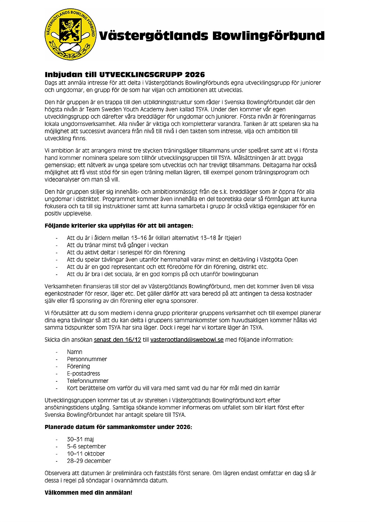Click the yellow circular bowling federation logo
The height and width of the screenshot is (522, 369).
tap(70, 35)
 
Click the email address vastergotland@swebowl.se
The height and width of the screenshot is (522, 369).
tap(187, 340)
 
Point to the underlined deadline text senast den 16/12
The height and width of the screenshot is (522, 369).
tap(117, 340)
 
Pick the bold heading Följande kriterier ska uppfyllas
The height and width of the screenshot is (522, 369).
tap(119, 226)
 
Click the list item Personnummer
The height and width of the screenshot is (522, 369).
tap(87, 359)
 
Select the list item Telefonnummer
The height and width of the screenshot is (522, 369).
tap(87, 381)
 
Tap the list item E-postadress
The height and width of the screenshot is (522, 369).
tap(83, 374)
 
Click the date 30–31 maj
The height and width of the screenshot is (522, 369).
tap(80, 439)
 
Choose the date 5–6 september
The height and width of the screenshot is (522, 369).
tap(86, 446)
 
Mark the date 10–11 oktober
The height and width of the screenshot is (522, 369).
tap(86, 454)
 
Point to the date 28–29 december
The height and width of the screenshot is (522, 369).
tap(89, 461)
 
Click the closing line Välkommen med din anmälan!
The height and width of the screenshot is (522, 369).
tap(88, 492)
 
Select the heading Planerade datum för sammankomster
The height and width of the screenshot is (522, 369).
tap(118, 427)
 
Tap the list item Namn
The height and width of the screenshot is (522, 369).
tap(75, 352)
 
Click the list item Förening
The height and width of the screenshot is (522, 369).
tap(78, 366)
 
